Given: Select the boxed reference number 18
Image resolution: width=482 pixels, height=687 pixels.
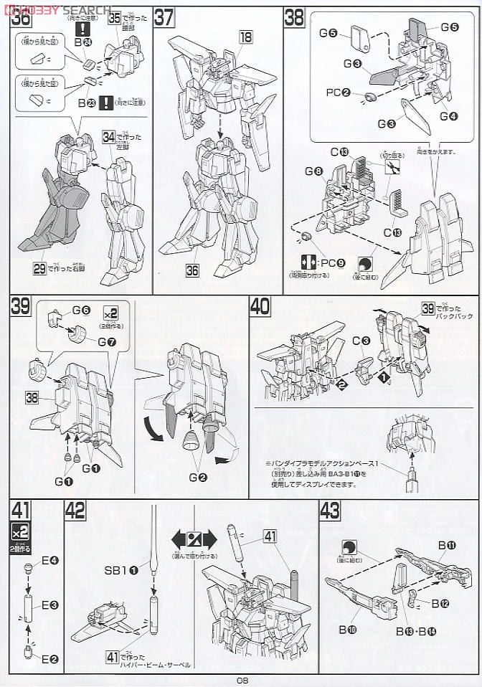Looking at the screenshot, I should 245,39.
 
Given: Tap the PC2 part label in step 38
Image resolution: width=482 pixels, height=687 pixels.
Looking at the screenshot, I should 338,93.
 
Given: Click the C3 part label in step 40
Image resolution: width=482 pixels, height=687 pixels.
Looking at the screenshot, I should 361,340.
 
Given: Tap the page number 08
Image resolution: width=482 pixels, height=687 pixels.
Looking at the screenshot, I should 242,679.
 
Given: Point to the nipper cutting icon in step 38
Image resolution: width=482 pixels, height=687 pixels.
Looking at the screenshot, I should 392,167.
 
